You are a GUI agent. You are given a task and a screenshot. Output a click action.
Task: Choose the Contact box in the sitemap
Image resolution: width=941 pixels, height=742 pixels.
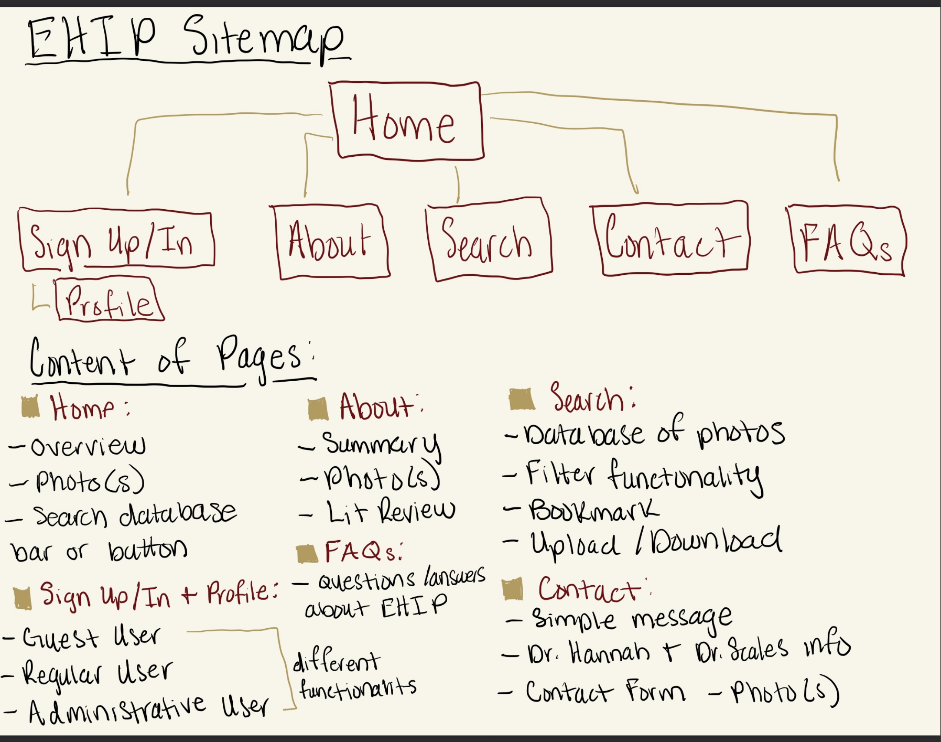point(672,238)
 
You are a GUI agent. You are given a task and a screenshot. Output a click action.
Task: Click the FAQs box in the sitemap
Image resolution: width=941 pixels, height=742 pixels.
point(847,241)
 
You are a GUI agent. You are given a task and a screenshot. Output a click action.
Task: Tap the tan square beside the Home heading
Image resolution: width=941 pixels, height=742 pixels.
point(30,406)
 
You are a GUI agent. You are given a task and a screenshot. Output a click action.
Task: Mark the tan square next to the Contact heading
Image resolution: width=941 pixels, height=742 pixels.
point(513,589)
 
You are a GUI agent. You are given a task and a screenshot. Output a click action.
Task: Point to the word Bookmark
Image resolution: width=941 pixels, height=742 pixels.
point(594,511)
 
